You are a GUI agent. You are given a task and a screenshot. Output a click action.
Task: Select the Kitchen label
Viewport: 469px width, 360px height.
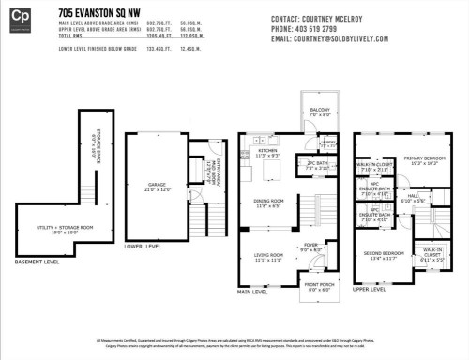tap(267, 150)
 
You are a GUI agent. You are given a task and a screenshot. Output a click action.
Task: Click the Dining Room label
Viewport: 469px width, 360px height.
tap(269, 202)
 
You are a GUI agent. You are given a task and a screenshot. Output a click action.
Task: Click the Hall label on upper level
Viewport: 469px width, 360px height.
tap(412, 198)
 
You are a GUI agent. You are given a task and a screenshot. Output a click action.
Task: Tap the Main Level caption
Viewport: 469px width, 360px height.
tap(253, 291)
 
